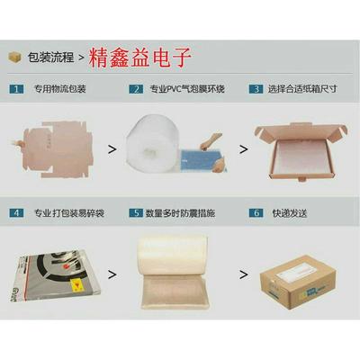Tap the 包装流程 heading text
[50, 58]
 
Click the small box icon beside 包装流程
[14, 57]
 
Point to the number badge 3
[256, 89]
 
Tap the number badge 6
[256, 213]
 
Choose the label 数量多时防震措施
[185, 213]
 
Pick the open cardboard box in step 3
[300, 144]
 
